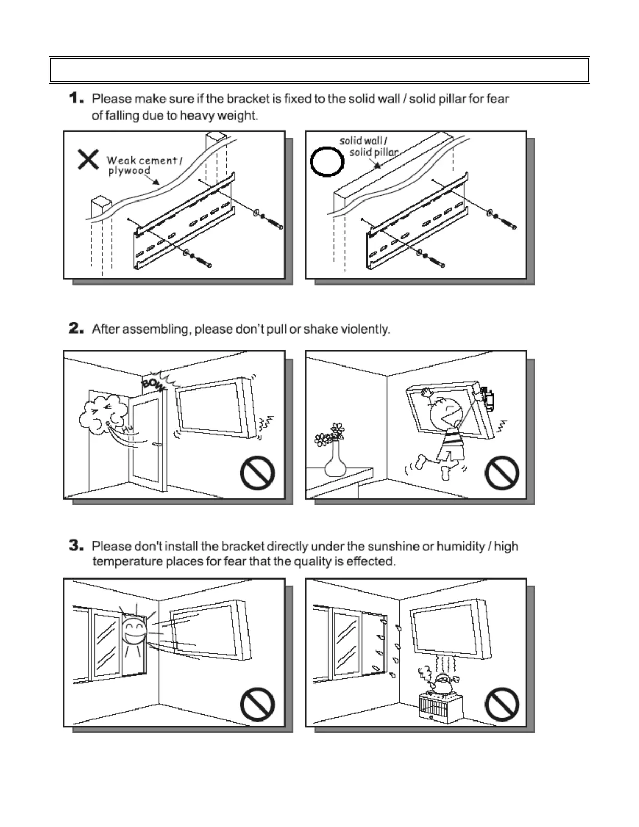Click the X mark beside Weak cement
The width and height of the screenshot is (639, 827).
88,159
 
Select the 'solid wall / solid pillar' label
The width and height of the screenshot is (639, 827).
369,146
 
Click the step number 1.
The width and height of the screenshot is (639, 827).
76,98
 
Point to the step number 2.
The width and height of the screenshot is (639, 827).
76,329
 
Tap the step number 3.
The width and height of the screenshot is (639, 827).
76,546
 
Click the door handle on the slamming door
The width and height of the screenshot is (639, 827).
156,445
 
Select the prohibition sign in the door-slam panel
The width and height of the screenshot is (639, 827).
257,473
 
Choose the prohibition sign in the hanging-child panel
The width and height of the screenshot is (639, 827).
502,473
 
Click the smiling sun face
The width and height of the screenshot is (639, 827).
135,631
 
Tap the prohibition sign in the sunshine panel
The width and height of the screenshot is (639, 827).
257,704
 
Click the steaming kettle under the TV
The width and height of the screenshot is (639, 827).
443,683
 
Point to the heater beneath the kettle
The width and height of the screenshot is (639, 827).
442,708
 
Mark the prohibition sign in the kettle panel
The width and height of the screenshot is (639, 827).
502,704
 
